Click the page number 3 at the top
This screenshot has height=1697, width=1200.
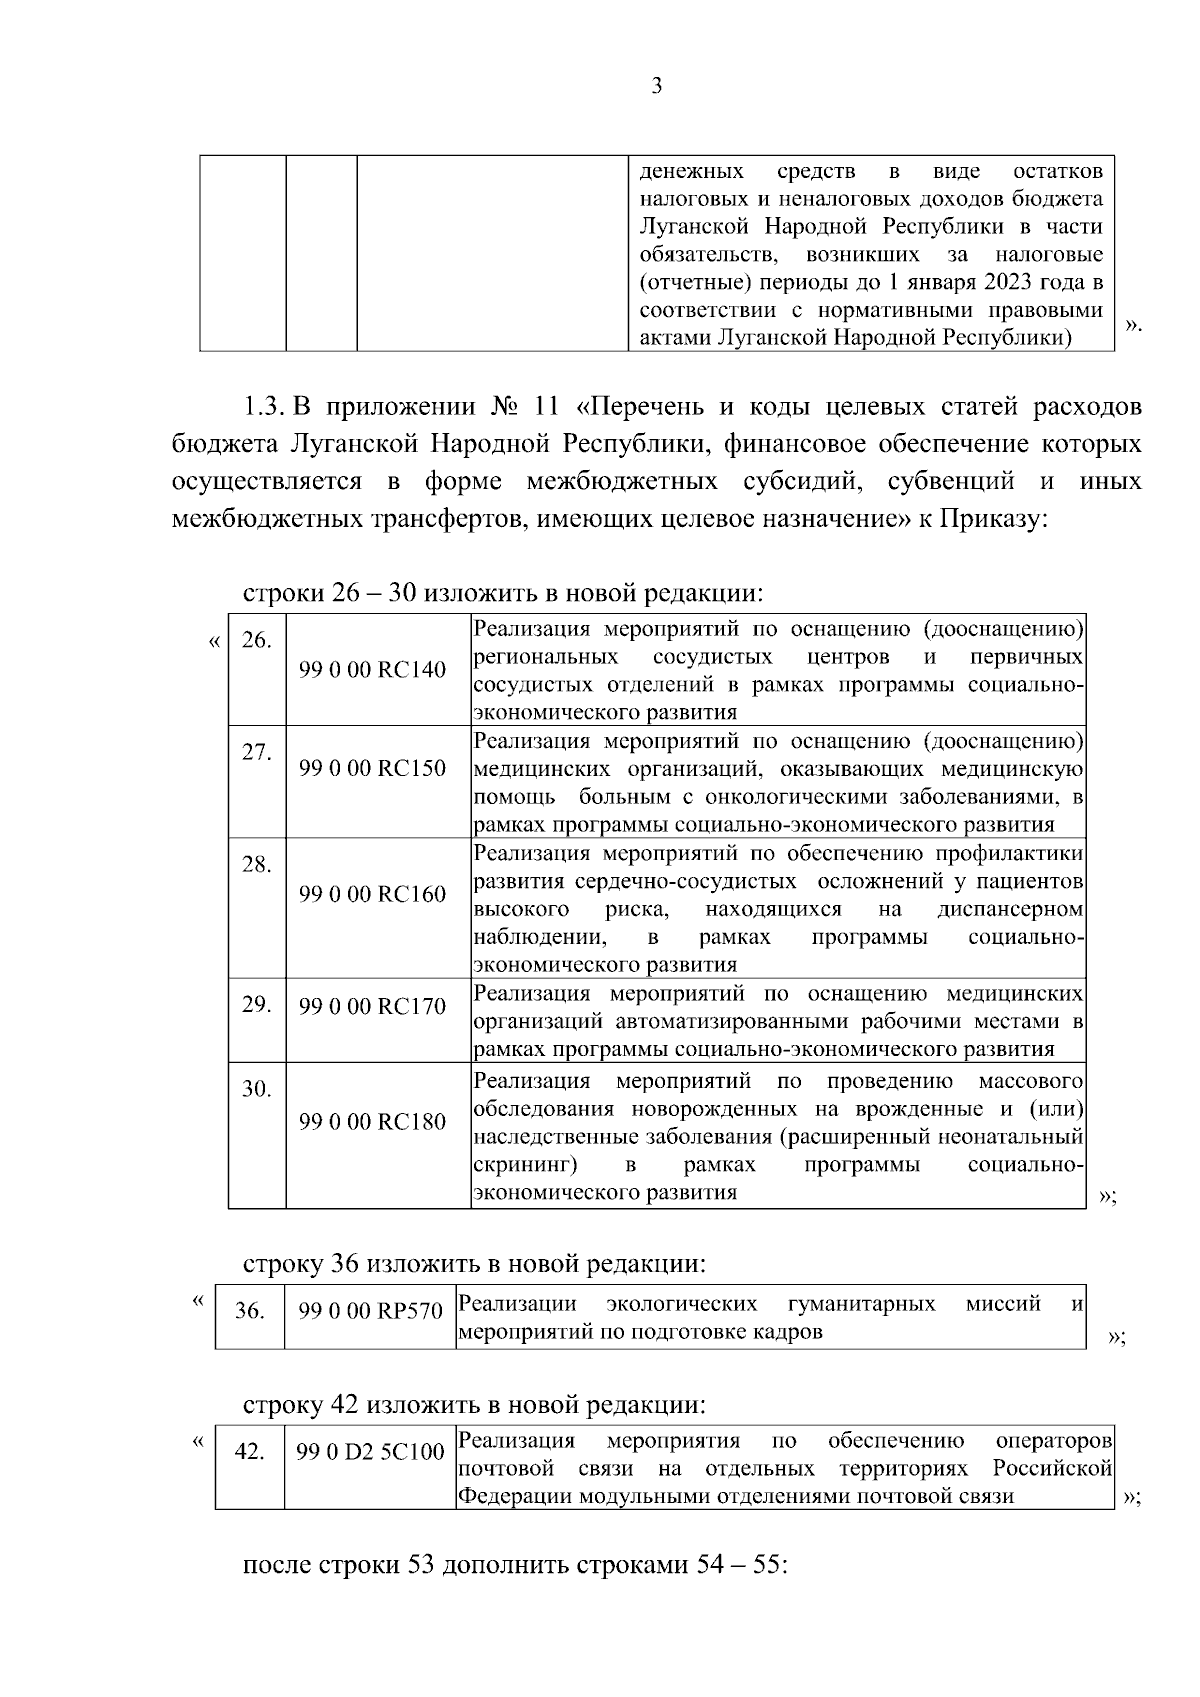click(x=656, y=87)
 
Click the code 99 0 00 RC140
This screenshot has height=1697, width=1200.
click(x=372, y=670)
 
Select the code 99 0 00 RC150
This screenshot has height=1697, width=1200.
click(x=372, y=769)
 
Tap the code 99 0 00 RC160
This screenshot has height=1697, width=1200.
click(x=372, y=894)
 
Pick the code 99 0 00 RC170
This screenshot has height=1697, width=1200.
click(x=372, y=1007)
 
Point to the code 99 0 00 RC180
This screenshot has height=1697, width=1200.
click(x=372, y=1121)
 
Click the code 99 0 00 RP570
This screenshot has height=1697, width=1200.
click(x=370, y=1311)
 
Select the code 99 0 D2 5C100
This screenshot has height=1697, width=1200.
click(x=370, y=1452)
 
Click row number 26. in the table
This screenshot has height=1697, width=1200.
click(x=257, y=640)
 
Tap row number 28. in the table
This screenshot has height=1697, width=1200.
click(x=257, y=865)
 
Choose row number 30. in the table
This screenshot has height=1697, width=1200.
click(x=257, y=1089)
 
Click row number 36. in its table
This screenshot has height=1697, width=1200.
click(x=249, y=1311)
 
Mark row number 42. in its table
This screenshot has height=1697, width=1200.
click(x=249, y=1452)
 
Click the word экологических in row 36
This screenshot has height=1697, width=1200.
click(x=681, y=1304)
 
